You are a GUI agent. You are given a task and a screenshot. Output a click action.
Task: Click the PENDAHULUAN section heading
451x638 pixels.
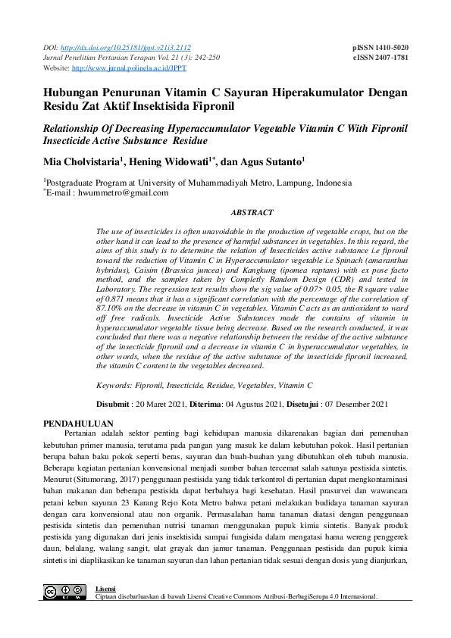click(x=78, y=423)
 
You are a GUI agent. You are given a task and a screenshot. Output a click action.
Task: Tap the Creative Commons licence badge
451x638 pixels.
click(x=64, y=592)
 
